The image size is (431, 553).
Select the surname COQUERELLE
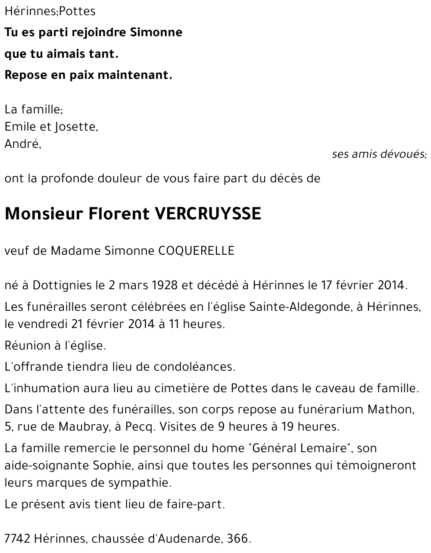197,251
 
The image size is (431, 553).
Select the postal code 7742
17,539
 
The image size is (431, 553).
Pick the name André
22,144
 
